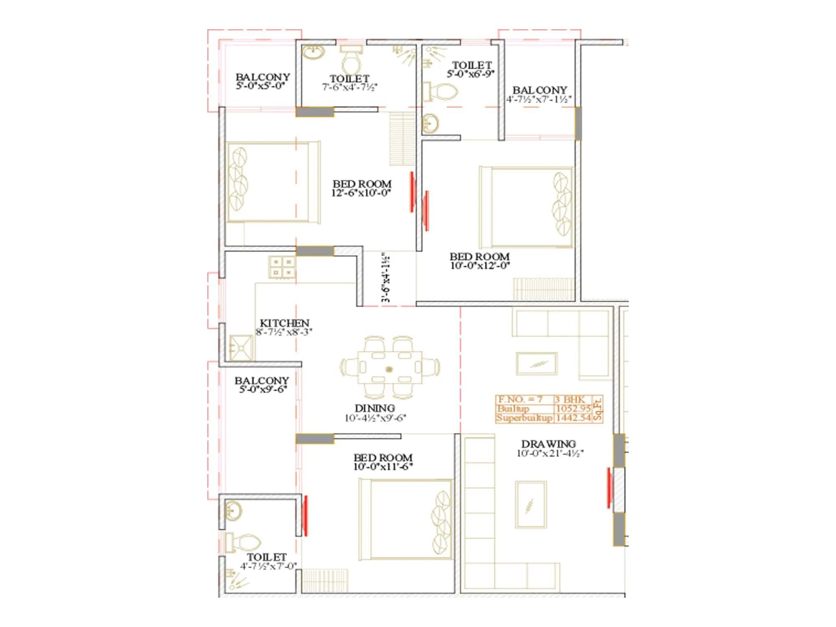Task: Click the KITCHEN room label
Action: click(284, 323)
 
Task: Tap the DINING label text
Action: click(375, 408)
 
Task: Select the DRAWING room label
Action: click(548, 444)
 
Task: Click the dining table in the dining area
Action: click(390, 367)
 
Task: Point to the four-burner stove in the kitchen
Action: click(282, 268)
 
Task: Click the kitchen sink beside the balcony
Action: click(241, 348)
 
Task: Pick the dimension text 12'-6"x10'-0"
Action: click(361, 193)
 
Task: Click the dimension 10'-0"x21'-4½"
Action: click(550, 454)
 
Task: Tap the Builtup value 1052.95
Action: click(573, 408)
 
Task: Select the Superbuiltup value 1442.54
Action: click(573, 418)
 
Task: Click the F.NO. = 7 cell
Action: click(520, 399)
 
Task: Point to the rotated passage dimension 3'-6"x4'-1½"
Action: click(386, 277)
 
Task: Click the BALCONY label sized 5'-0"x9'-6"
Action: click(262, 380)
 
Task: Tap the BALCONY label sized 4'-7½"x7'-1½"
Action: click(540, 90)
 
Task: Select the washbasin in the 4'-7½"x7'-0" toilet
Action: click(233, 510)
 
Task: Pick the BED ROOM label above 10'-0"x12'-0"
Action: click(479, 256)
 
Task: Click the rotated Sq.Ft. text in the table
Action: click(598, 409)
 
